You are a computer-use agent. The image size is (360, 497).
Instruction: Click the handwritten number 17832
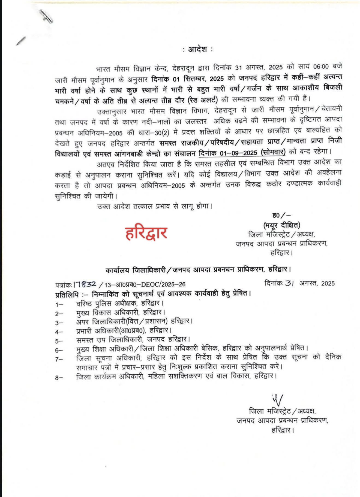point(85,284)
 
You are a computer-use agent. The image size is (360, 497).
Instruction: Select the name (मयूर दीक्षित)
point(281,225)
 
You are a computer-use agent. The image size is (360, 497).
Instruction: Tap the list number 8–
point(59,378)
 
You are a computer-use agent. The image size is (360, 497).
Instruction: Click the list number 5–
point(59,341)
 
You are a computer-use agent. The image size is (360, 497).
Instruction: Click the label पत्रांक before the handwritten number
point(63,285)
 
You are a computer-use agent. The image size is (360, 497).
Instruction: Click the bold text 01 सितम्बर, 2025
point(198,78)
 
